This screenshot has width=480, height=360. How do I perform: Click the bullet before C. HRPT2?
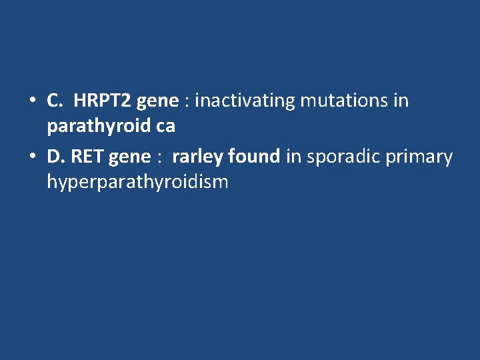click(x=31, y=101)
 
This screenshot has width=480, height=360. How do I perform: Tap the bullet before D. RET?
click(x=31, y=157)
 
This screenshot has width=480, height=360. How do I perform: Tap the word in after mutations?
click(x=401, y=101)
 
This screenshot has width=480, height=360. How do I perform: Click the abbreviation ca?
click(x=165, y=126)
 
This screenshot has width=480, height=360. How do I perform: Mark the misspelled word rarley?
click(x=198, y=157)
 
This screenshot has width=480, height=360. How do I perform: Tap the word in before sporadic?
click(x=293, y=157)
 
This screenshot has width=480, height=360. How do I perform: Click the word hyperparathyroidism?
click(x=137, y=182)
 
